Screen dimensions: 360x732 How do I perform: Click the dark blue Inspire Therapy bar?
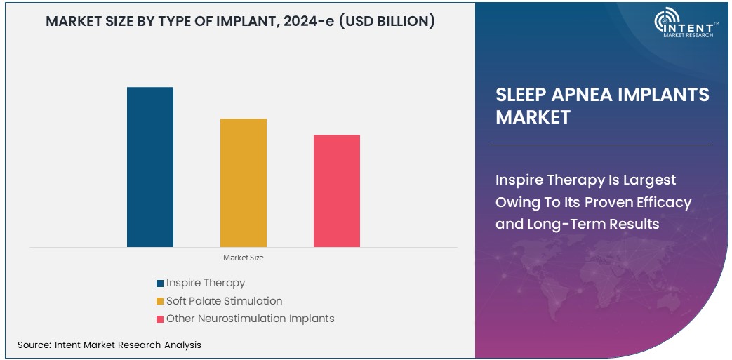(x=150, y=167)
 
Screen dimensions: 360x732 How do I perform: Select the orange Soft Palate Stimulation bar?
(x=244, y=182)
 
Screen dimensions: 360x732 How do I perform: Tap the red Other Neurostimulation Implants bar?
(x=337, y=191)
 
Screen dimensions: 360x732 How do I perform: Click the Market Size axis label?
(x=244, y=258)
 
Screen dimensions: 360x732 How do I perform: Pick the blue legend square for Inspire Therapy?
(x=160, y=284)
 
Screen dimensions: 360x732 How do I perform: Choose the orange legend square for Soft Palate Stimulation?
(x=160, y=302)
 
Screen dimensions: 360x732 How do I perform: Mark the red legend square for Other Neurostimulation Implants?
(x=160, y=319)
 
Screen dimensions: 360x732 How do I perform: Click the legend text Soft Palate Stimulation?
(x=224, y=301)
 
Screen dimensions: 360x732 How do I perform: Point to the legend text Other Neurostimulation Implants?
(x=250, y=319)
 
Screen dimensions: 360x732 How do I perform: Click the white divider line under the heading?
(x=600, y=145)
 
